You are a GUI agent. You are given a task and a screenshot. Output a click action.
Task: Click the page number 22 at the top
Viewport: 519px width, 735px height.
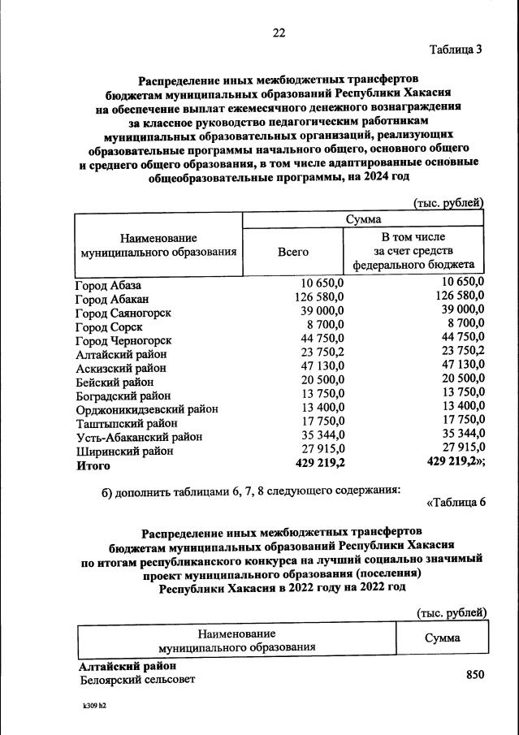(x=279, y=32)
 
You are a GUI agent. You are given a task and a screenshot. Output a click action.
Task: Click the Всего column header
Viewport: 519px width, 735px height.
(x=292, y=252)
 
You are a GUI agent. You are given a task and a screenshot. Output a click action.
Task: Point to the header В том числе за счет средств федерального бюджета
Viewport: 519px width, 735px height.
(x=413, y=251)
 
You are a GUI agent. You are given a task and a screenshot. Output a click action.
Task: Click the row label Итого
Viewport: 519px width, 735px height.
(x=92, y=466)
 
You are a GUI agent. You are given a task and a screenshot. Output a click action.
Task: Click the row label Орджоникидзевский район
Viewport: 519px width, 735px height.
(x=146, y=409)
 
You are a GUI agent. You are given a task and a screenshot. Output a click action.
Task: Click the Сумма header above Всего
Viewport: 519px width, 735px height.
(x=364, y=219)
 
